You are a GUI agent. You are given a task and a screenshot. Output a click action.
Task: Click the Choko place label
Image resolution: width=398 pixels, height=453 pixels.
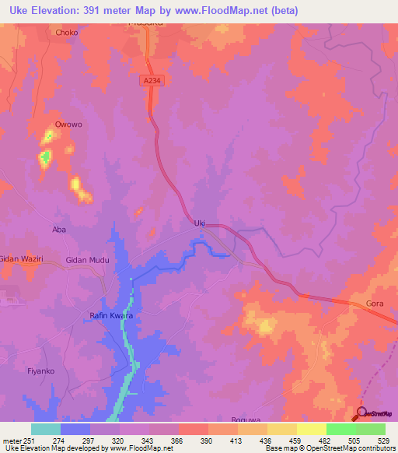click(66, 33)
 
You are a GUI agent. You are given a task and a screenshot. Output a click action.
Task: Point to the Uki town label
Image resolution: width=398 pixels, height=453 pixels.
click(199, 223)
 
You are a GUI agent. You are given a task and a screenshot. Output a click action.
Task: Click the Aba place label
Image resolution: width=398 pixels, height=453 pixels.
click(58, 230)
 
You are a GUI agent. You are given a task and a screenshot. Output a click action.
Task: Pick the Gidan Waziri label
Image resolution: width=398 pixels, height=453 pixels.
click(21, 259)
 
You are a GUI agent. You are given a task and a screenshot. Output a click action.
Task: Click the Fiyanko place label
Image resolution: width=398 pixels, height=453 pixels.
click(40, 371)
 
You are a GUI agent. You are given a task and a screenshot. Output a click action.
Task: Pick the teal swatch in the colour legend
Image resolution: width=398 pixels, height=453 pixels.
click(46, 429)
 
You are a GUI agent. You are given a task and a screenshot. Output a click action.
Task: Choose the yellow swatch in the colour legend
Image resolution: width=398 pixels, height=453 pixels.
click(311, 429)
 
